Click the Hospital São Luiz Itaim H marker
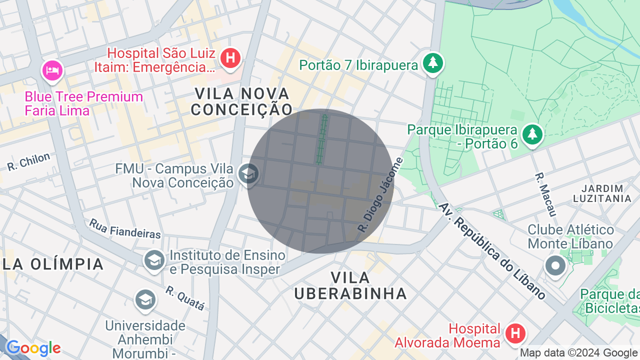[230, 58]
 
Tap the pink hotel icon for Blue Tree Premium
[52, 70]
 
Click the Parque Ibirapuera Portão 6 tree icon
[532, 134]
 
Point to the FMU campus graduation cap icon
[248, 174]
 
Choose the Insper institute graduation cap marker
[154, 260]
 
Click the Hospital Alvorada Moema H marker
[515, 333]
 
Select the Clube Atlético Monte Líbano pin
[555, 265]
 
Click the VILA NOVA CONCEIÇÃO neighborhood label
[242, 101]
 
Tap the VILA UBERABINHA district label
[350, 285]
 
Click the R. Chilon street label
[29, 161]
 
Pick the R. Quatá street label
[185, 298]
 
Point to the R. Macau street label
[545, 195]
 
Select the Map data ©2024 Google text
[579, 353]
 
